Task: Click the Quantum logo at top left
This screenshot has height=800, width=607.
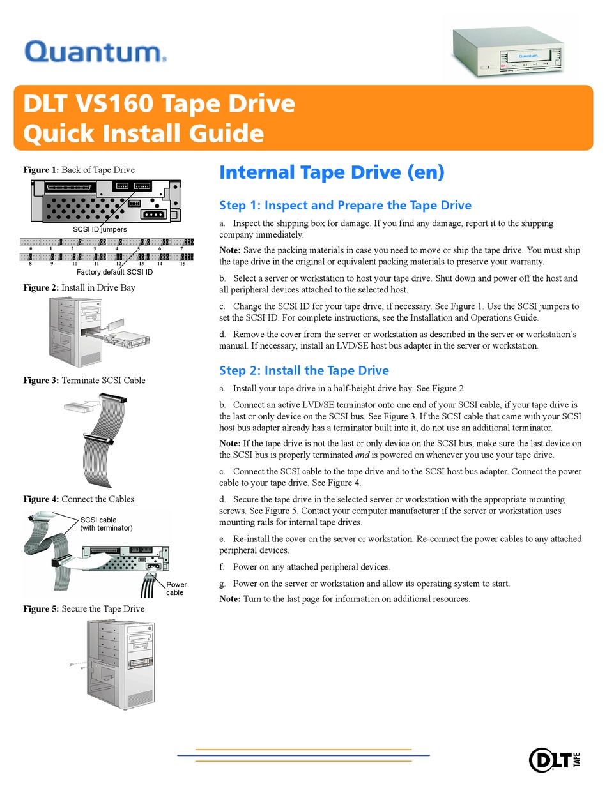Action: pos(95,51)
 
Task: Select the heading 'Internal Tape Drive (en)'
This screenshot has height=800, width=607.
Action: pos(331,172)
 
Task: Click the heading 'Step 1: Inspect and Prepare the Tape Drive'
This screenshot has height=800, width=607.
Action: pos(345,205)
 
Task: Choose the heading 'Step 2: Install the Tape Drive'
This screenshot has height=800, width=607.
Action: pos(303,370)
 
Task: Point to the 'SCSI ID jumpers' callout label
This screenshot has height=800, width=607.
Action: pos(100,229)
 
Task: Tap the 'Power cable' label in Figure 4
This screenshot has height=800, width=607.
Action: pos(176,589)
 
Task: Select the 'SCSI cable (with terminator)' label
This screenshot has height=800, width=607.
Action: pos(106,524)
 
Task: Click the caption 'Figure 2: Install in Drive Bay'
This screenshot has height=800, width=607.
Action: pos(79,288)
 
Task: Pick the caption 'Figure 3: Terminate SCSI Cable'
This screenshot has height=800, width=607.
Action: pos(84,381)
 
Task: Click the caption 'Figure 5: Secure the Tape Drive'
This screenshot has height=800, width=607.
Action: pos(84,609)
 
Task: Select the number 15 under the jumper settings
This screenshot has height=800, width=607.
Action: pos(182,263)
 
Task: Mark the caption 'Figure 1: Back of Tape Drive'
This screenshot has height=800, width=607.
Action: pos(79,170)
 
